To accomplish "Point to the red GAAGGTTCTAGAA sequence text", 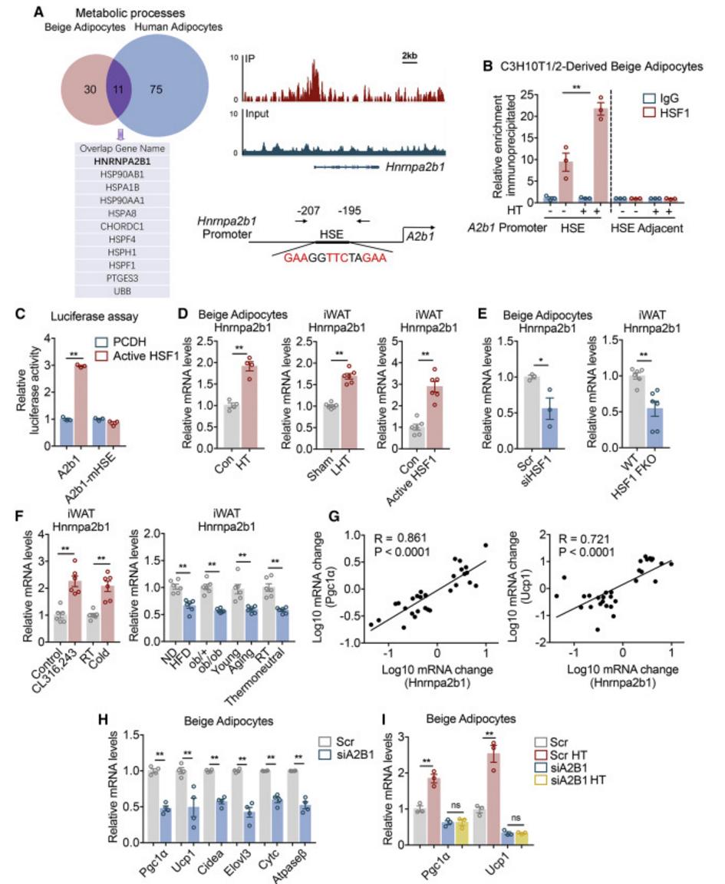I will (334, 258).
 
